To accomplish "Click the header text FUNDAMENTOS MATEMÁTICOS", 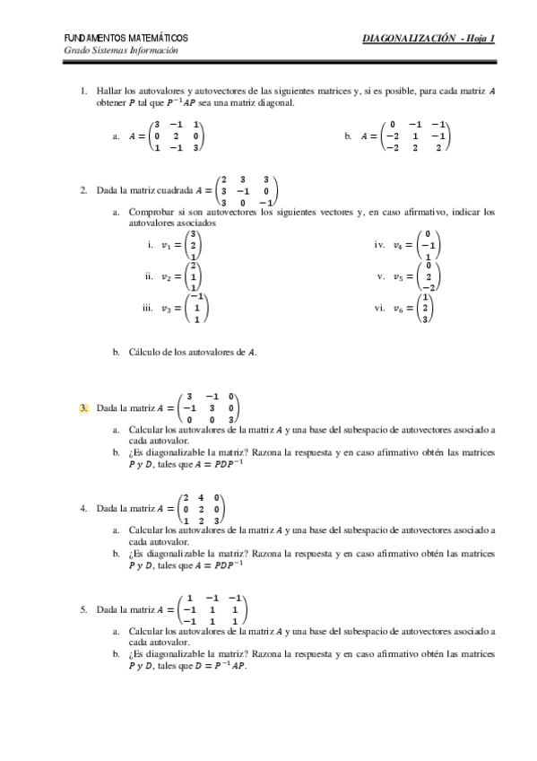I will click(x=126, y=39).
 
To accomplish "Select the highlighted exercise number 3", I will click(x=83, y=408).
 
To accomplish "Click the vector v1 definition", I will click(x=179, y=245).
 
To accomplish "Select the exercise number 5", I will click(x=83, y=610).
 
